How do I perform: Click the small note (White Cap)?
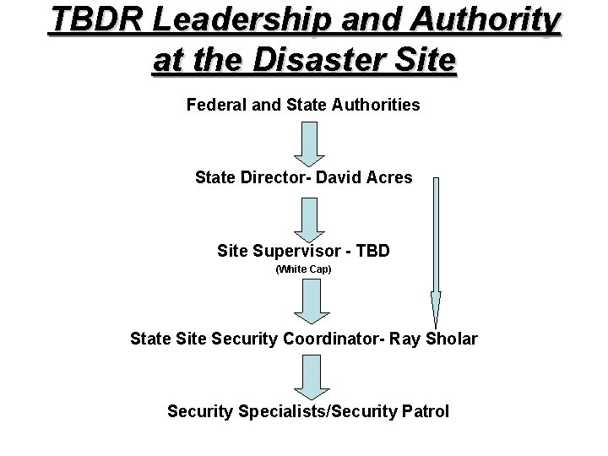coord(304,269)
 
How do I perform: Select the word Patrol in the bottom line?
coord(426,412)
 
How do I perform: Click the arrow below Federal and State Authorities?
coord(310,143)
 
